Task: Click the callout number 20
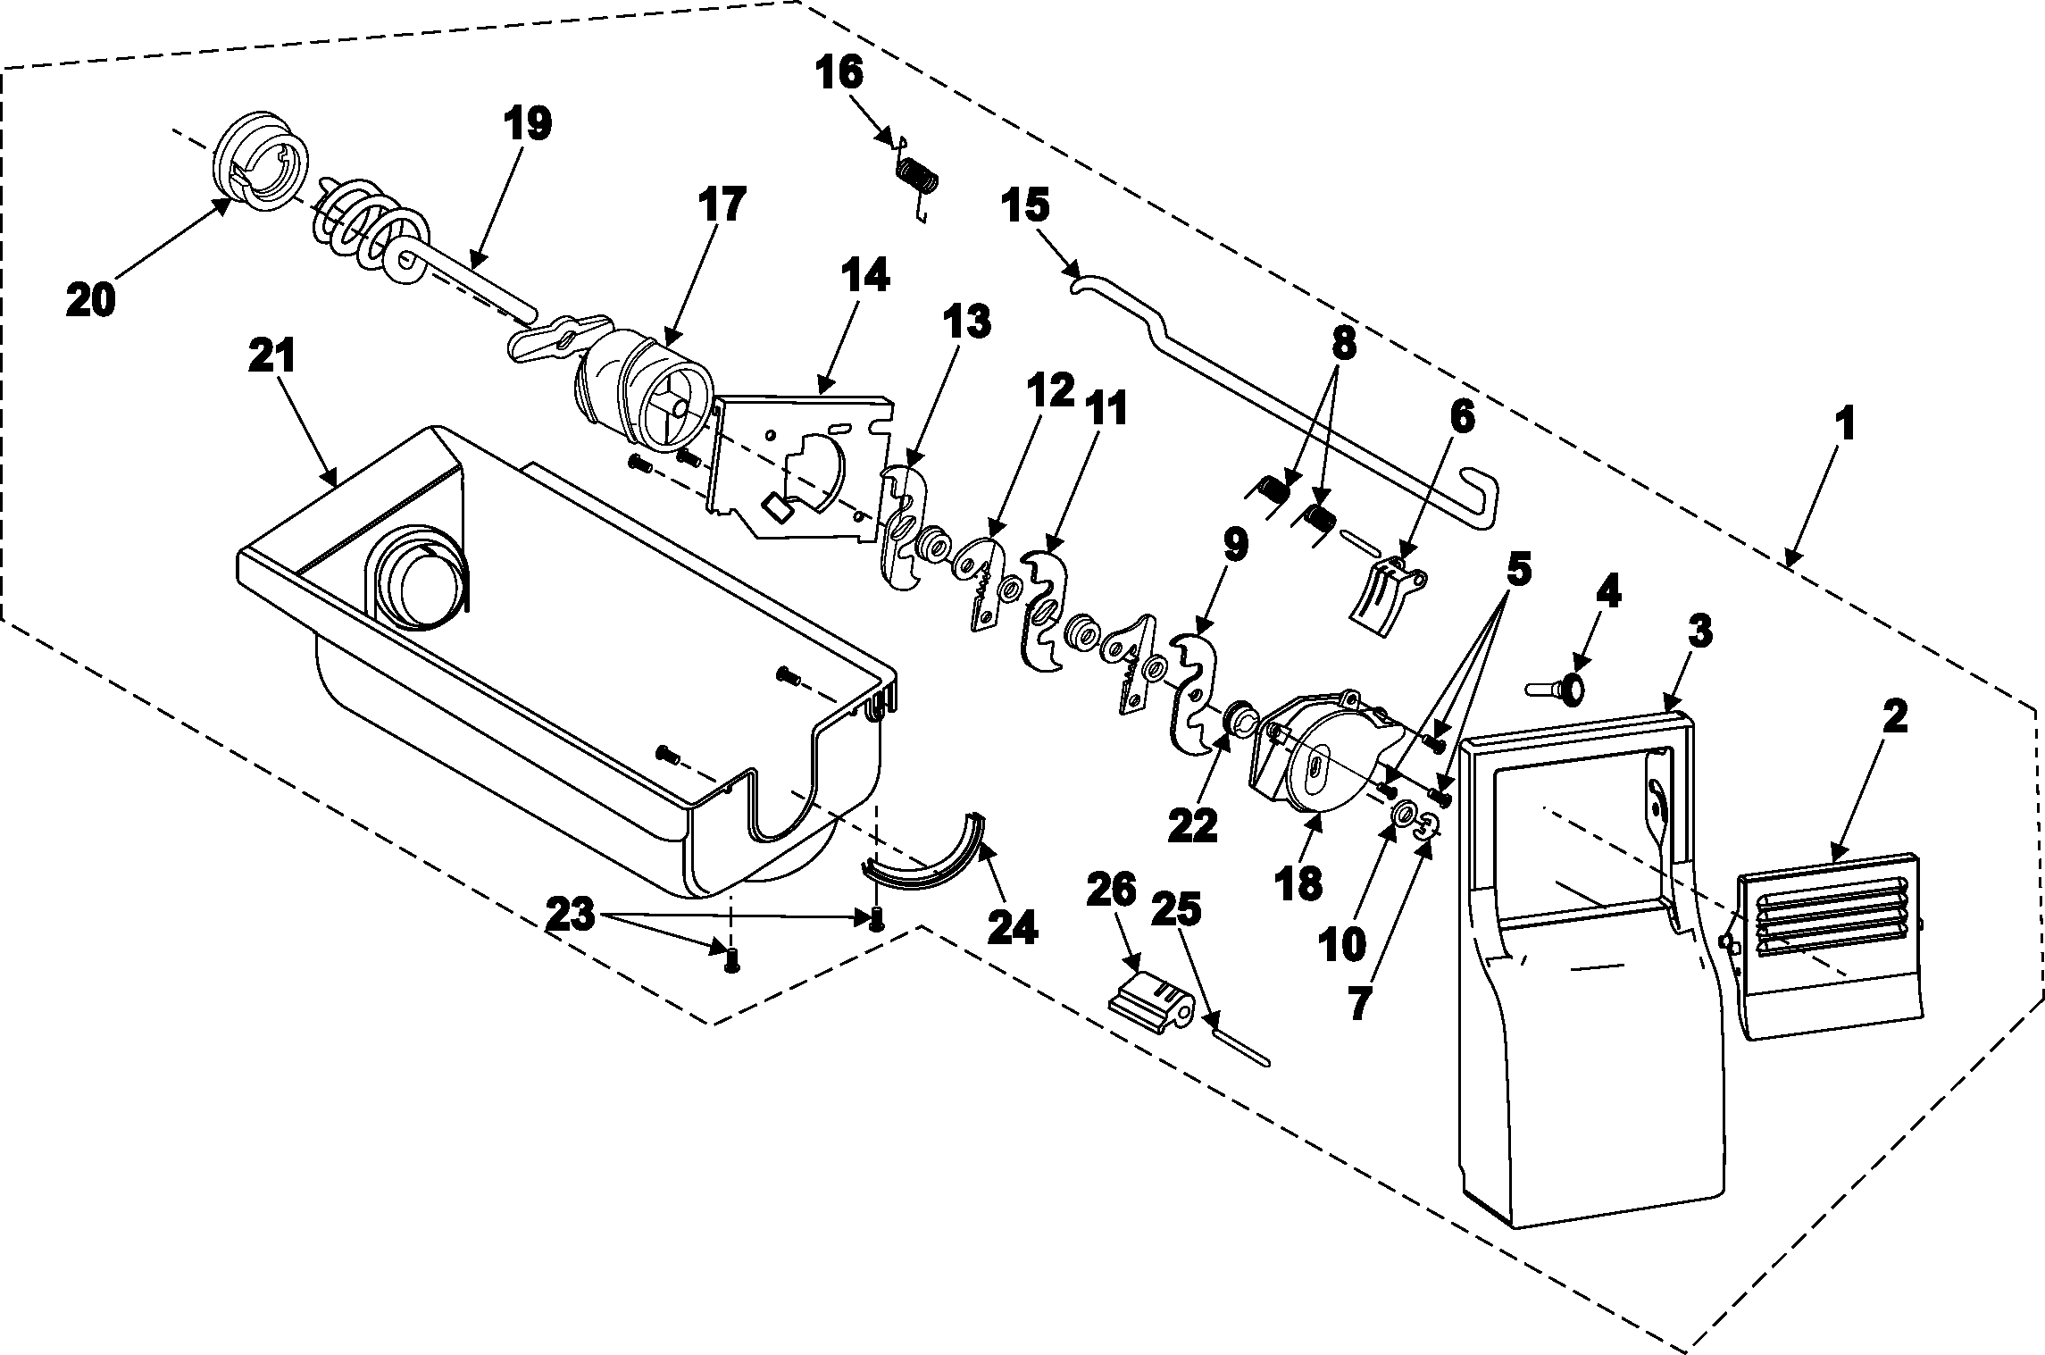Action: pyautogui.click(x=90, y=298)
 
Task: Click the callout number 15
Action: pyautogui.click(x=1024, y=206)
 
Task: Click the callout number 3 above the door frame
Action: pyautogui.click(x=1699, y=631)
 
